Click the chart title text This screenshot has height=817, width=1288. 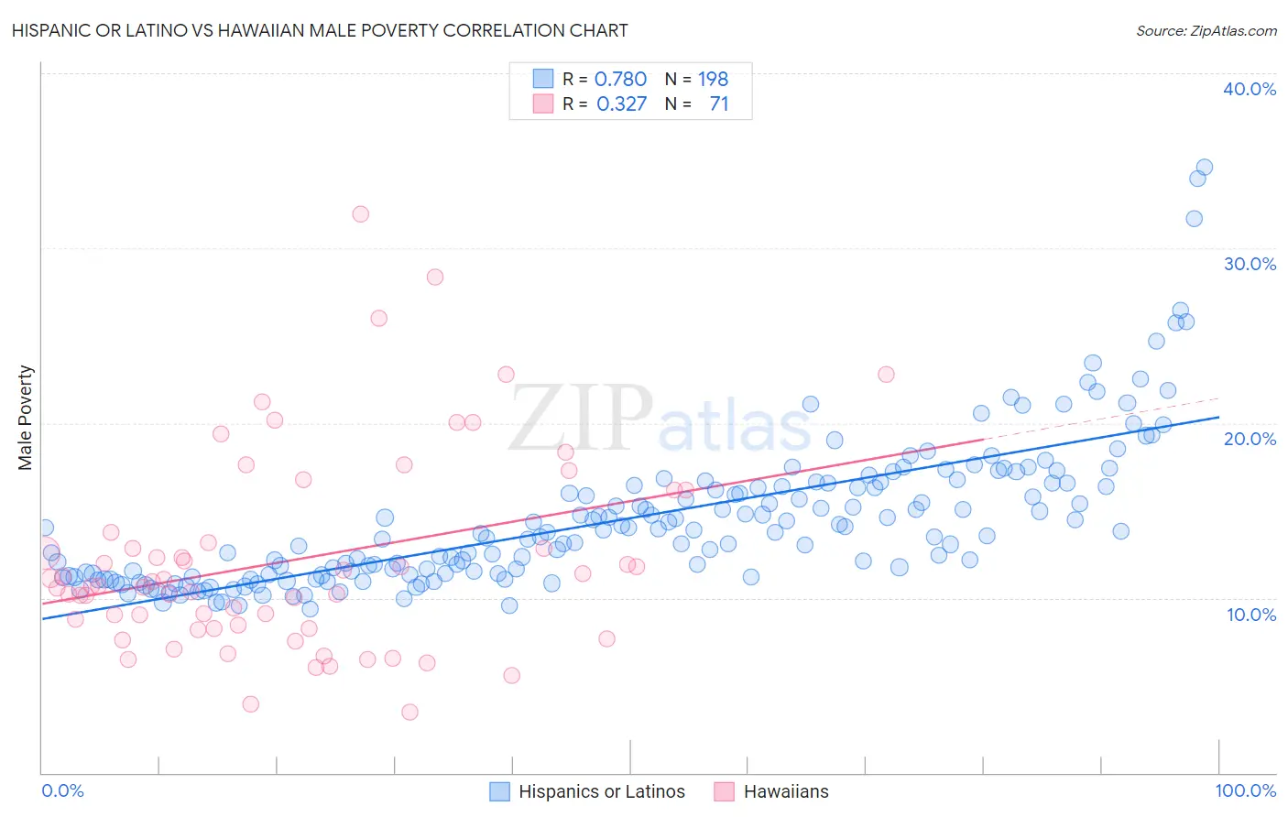320,30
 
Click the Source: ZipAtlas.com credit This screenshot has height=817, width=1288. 1206,31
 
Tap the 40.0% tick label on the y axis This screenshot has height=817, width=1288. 1250,89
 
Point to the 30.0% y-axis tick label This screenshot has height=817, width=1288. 1250,264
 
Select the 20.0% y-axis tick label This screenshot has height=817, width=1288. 1250,439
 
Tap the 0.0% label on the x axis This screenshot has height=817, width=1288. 62,790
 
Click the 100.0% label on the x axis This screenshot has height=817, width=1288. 1245,790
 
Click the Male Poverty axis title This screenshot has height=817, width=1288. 26,418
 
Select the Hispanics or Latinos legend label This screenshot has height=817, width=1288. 601,791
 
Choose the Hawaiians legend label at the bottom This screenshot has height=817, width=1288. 785,791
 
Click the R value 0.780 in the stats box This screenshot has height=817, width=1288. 620,80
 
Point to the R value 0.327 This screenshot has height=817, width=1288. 621,104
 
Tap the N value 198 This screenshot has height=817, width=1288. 713,80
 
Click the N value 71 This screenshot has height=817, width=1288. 718,104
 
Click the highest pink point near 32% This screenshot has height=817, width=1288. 360,214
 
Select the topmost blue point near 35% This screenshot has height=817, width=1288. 1204,168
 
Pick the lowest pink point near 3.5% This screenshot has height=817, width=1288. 409,712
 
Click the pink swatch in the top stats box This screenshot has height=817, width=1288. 543,104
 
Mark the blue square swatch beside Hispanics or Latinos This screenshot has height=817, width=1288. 499,791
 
